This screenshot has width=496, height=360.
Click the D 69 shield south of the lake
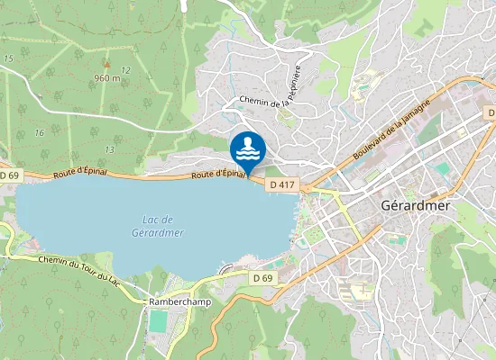coord(262,279)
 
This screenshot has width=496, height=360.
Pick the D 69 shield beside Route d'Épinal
coord(9,175)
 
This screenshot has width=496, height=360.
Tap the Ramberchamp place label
coord(179,302)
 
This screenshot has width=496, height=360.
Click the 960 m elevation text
coord(106,78)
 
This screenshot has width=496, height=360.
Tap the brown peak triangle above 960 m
coord(106,64)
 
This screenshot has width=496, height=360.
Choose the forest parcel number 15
coord(8,58)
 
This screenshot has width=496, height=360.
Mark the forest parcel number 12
coord(125,70)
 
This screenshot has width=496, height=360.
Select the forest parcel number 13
coord(108,149)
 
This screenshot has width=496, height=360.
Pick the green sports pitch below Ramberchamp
coord(159,320)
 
